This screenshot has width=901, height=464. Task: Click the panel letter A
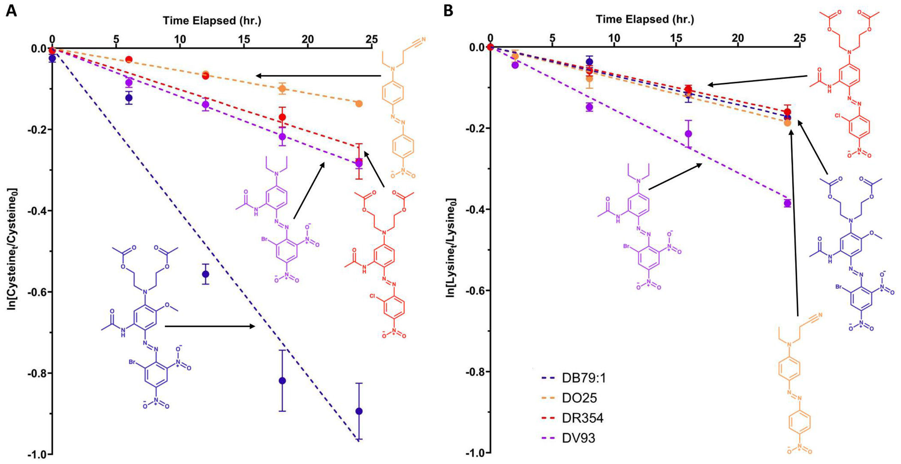click(x=11, y=10)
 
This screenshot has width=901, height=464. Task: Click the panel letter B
click(x=448, y=10)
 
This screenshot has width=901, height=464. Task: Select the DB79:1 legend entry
click(x=584, y=378)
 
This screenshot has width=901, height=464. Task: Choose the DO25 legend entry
click(x=579, y=398)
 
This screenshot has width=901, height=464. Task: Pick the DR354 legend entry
click(x=582, y=418)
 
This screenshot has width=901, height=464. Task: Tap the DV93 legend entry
click(x=578, y=438)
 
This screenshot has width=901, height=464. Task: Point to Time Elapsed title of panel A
click(x=212, y=20)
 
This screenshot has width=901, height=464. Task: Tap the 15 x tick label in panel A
click(x=244, y=39)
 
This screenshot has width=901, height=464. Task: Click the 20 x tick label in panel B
click(x=738, y=38)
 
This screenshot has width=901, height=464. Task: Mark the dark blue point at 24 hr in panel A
click(x=359, y=411)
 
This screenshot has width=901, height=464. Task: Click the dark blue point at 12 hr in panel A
click(x=206, y=274)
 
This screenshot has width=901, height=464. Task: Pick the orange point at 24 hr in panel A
click(x=359, y=104)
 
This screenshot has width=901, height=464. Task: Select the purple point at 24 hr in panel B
click(x=787, y=203)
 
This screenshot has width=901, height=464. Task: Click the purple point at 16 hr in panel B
click(x=688, y=134)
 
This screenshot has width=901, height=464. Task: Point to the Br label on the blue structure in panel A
click(x=133, y=362)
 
